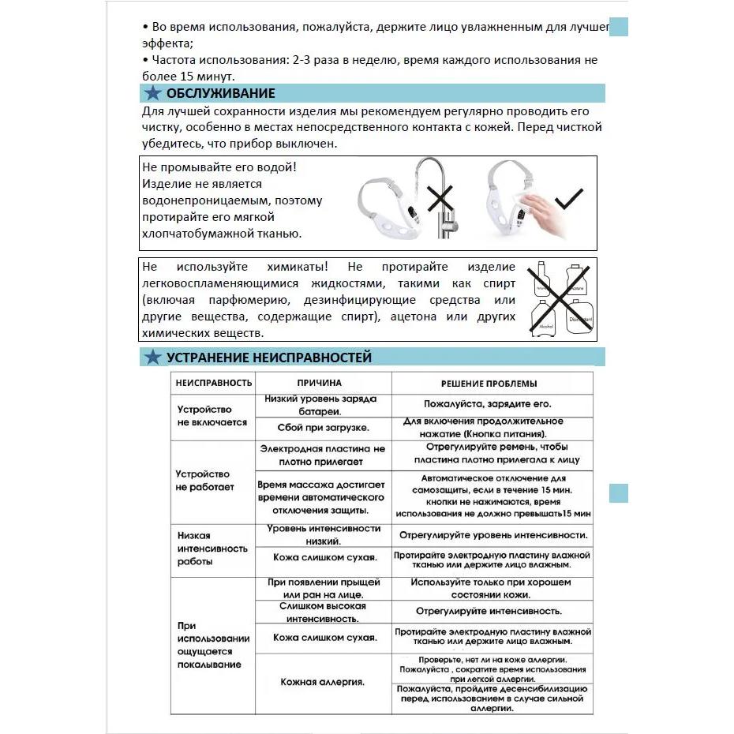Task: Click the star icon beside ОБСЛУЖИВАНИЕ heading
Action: tap(153, 94)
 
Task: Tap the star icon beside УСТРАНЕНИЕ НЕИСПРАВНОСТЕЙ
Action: tap(153, 358)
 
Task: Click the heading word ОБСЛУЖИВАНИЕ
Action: tap(220, 94)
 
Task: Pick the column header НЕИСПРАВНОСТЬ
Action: tap(213, 383)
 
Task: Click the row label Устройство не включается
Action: tap(212, 416)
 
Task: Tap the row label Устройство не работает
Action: tap(205, 481)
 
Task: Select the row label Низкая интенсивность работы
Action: tap(212, 549)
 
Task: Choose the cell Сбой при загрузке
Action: tap(323, 427)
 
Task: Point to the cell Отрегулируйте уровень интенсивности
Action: tap(493, 535)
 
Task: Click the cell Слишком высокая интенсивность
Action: tap(323, 612)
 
